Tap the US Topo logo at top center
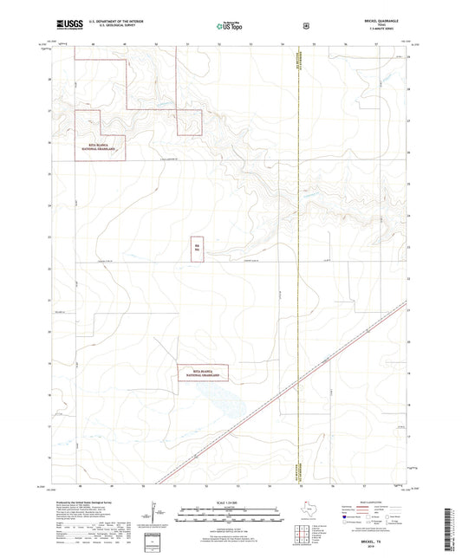tap(230, 27)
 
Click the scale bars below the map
tap(231, 516)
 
